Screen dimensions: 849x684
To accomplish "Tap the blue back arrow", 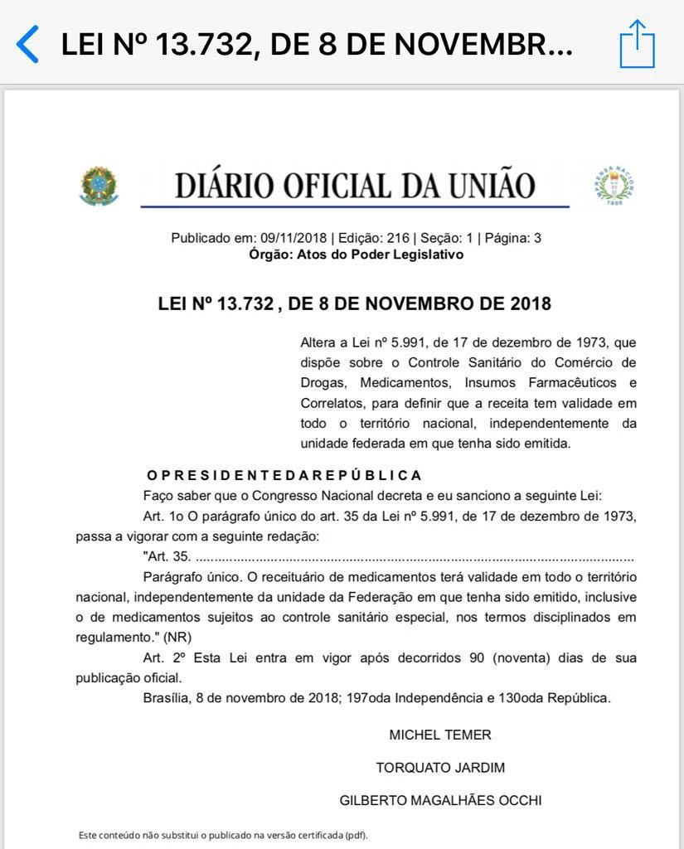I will pyautogui.click(x=27, y=44).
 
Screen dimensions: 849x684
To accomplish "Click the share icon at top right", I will pyautogui.click(x=637, y=44).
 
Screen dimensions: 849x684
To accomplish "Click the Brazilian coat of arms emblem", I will pyautogui.click(x=99, y=186).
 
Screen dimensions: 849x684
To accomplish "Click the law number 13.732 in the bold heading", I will pyautogui.click(x=245, y=303).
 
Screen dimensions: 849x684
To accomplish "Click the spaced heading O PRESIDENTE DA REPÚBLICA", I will pyautogui.click(x=284, y=475).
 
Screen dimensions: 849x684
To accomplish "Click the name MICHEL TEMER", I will pyautogui.click(x=440, y=735).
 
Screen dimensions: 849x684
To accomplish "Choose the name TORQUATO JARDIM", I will pyautogui.click(x=440, y=768).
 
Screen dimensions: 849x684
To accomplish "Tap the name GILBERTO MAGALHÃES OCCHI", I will pyautogui.click(x=440, y=800).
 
